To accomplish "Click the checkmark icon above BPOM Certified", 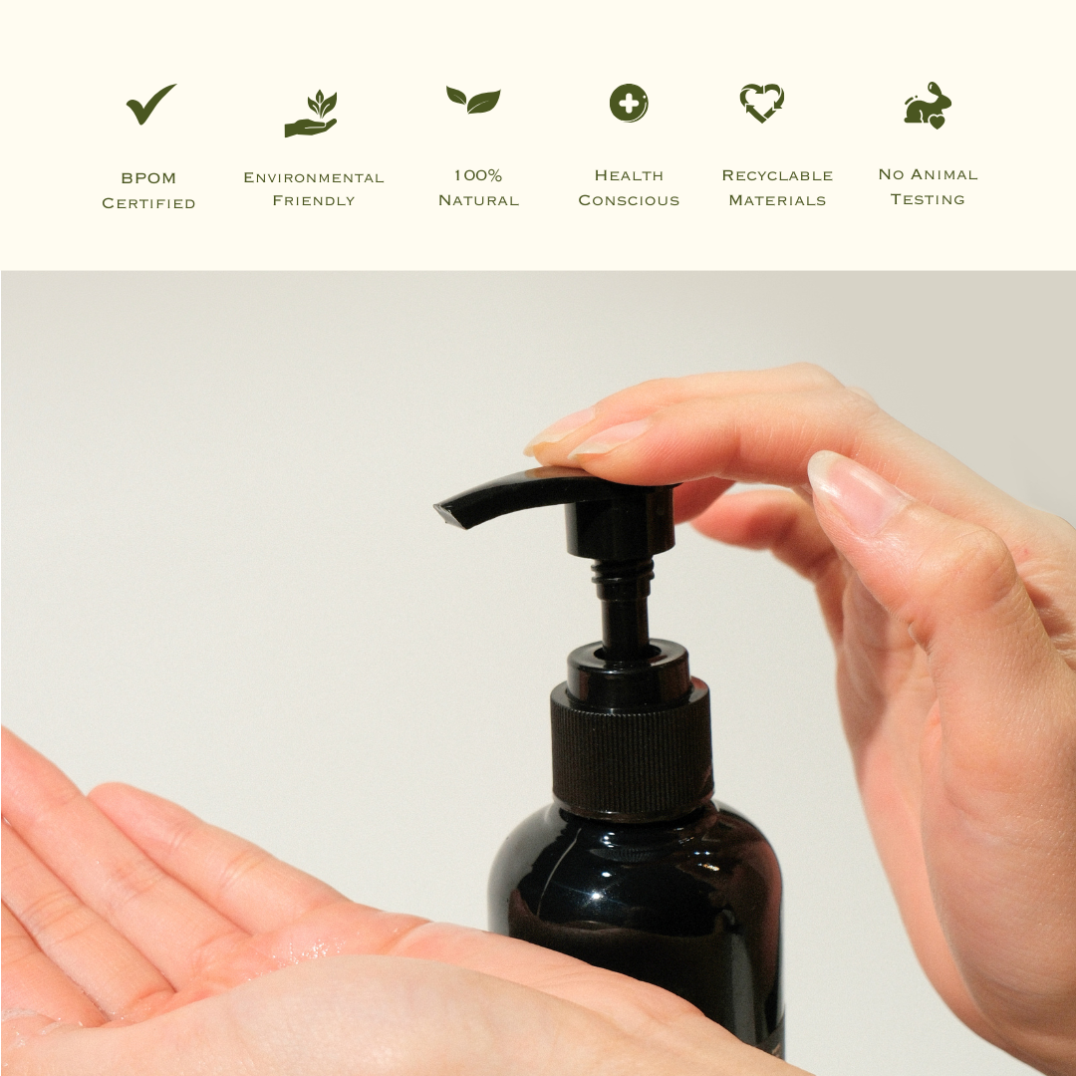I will tap(150, 105).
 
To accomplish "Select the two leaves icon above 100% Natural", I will tap(473, 100).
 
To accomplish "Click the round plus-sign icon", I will tap(629, 103).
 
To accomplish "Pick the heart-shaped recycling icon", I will tap(762, 103).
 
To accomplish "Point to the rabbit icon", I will tap(928, 106).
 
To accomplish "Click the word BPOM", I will tap(148, 178).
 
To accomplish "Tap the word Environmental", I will tap(314, 177).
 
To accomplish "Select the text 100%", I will tap(478, 175).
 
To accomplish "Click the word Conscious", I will tap(629, 200).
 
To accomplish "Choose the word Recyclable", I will tap(777, 175).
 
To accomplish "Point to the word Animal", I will tap(942, 174).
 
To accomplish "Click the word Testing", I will tap(928, 199).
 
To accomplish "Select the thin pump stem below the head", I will tap(626, 608).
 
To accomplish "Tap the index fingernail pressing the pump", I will tap(610, 436).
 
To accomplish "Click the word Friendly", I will tap(314, 201).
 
